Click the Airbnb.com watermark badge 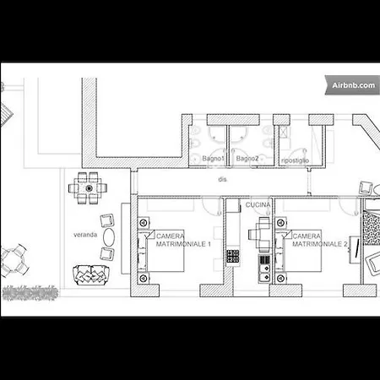(352, 85)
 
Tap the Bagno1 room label (213, 159)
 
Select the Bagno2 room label (247, 159)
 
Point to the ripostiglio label (295, 160)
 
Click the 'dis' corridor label (222, 179)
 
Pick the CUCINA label (258, 205)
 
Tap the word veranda (85, 235)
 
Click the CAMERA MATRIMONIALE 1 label (183, 240)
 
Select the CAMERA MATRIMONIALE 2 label (320, 240)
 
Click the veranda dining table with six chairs (88, 188)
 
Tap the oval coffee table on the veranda (109, 237)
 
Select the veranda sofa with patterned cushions (91, 275)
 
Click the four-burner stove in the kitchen (233, 256)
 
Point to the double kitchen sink (264, 274)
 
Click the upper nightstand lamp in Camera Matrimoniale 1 (144, 223)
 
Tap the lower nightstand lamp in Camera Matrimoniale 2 (280, 279)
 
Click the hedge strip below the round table (30, 293)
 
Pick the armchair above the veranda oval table (107, 220)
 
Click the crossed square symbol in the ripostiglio (284, 132)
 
